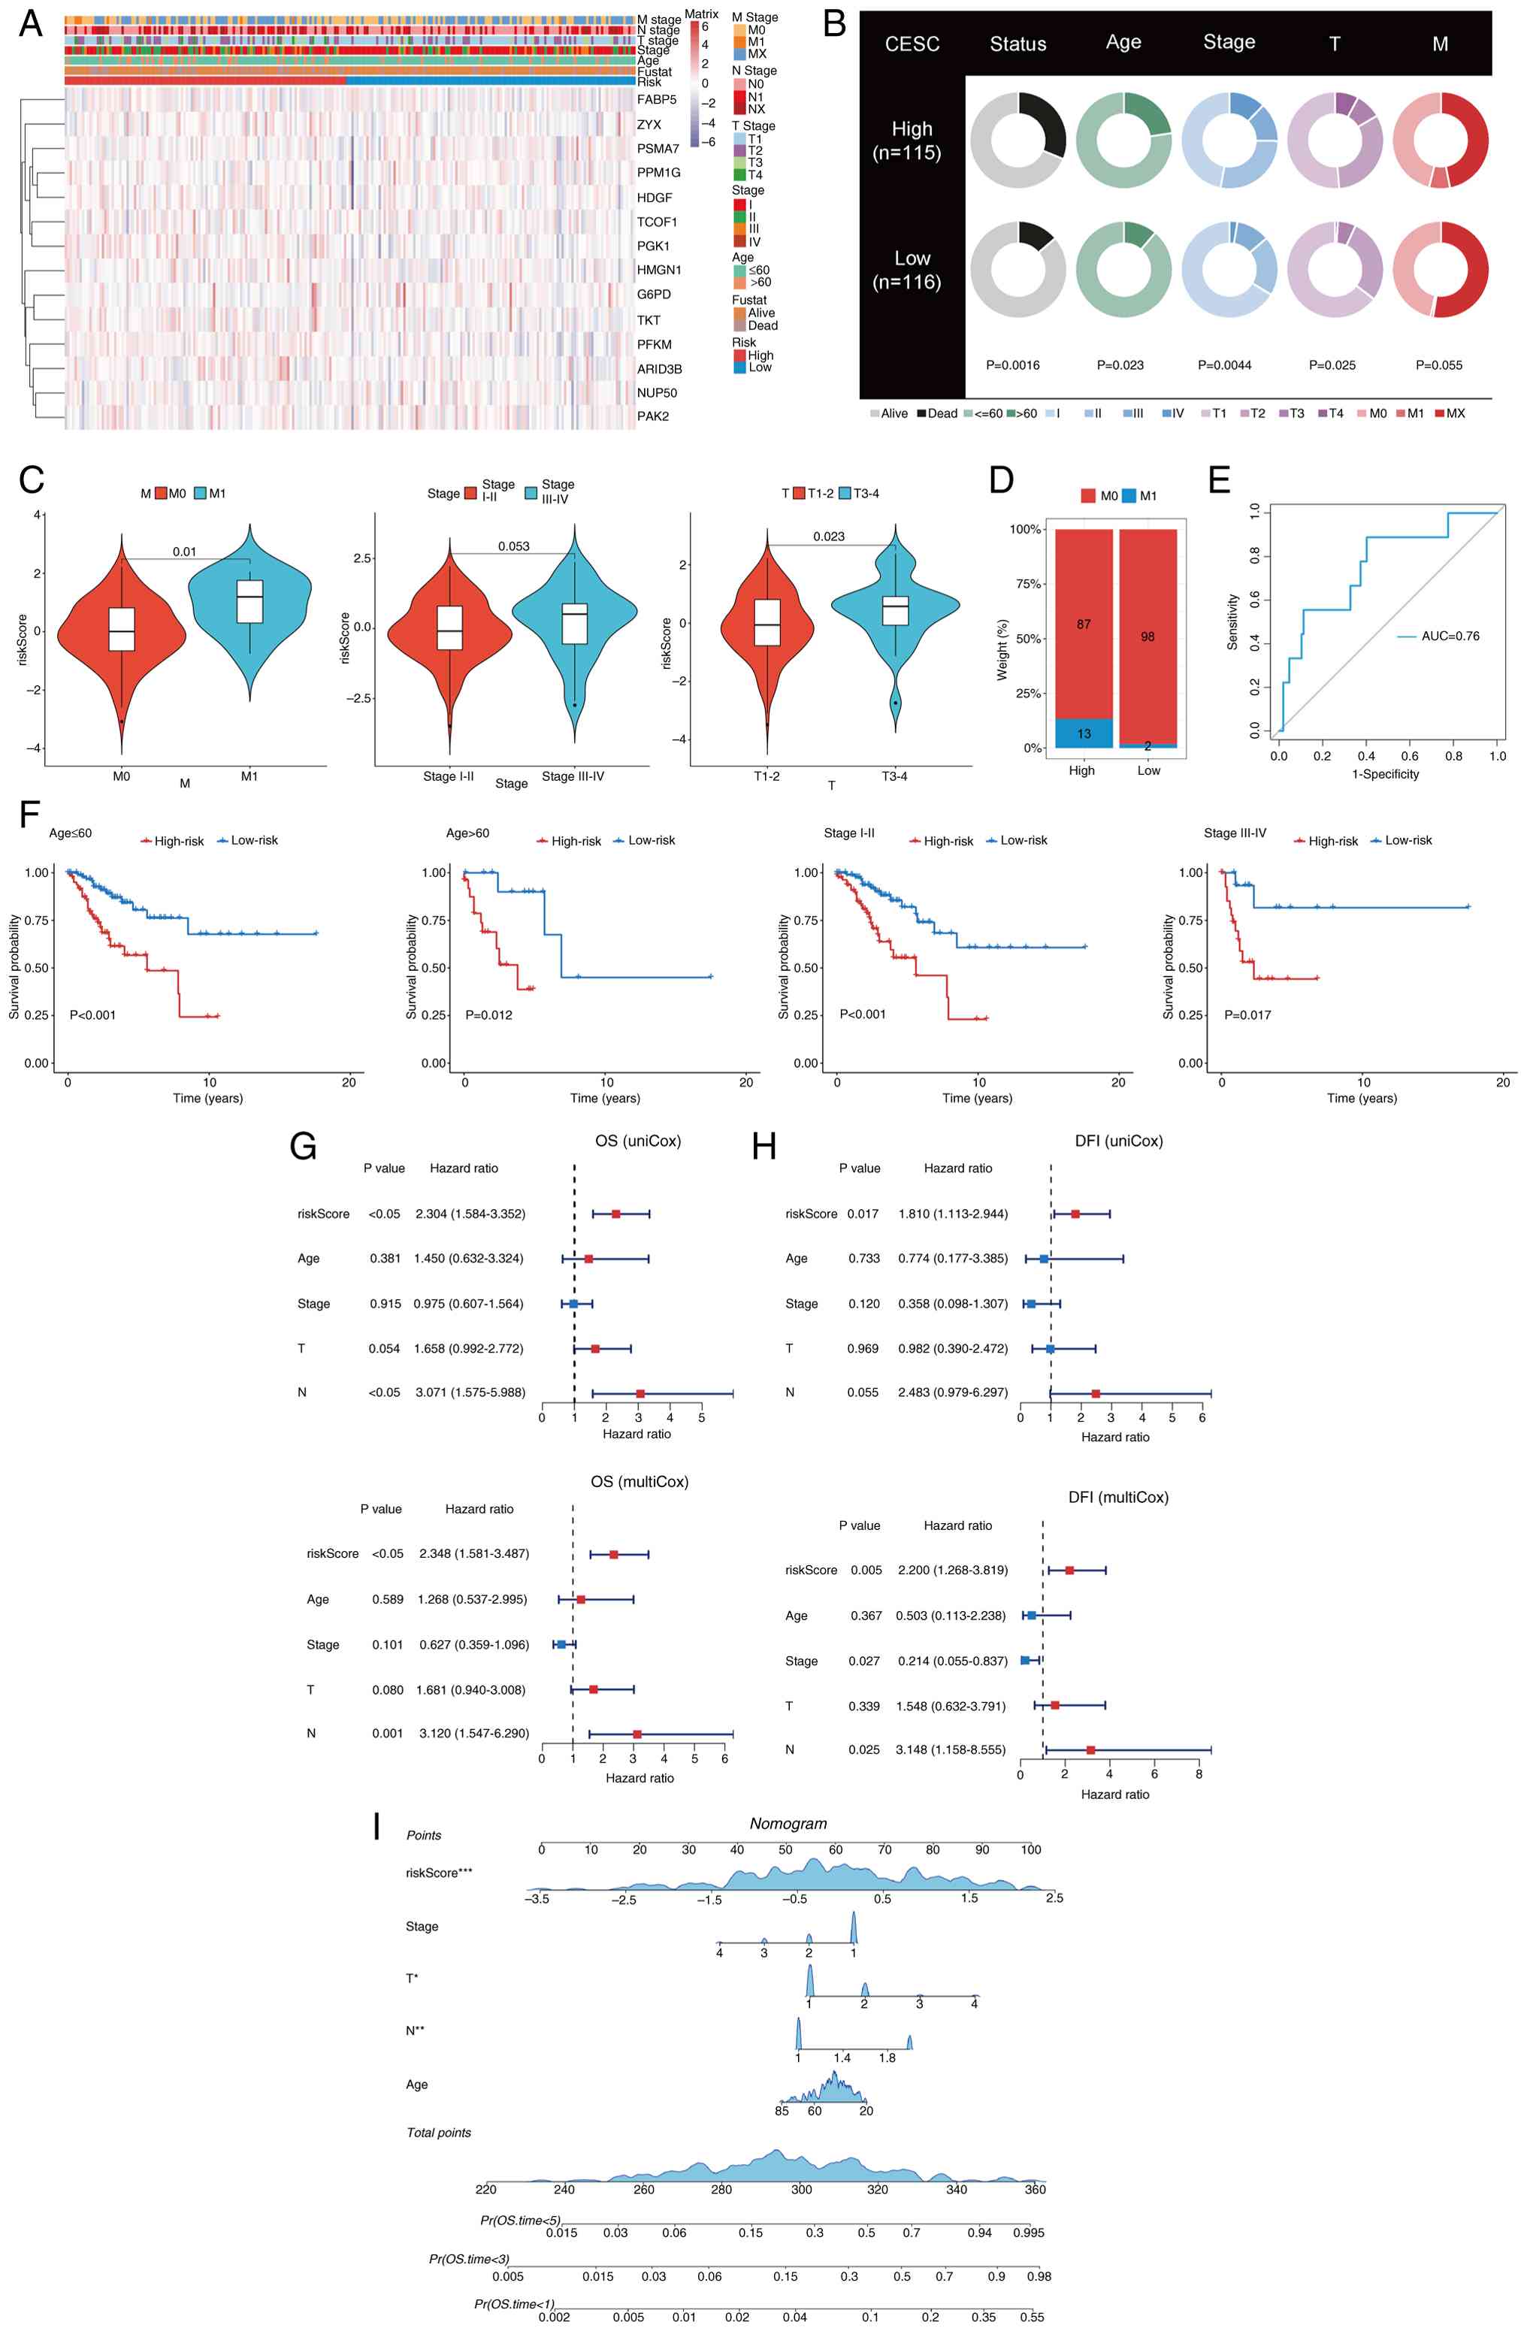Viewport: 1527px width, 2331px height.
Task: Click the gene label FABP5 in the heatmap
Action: (x=656, y=100)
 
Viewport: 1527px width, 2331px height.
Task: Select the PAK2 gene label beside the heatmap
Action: (x=652, y=416)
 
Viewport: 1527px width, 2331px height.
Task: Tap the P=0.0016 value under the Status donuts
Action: (x=1013, y=365)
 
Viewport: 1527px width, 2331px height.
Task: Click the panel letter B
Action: (x=834, y=23)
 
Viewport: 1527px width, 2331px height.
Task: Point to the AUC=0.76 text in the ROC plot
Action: (x=1450, y=636)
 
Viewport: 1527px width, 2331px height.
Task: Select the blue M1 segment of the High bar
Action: (x=1084, y=733)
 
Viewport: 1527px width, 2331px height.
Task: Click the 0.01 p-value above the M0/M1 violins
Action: (x=184, y=552)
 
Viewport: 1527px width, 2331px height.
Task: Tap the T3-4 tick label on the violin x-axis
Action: (x=894, y=777)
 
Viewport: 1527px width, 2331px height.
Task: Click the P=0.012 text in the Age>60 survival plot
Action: (x=488, y=1014)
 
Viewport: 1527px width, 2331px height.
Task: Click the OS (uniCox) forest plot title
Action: (x=638, y=1141)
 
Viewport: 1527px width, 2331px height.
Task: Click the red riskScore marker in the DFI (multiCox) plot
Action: (x=1069, y=1570)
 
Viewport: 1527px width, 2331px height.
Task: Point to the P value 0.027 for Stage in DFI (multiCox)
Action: (x=866, y=1661)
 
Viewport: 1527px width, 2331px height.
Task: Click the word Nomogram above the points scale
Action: (x=788, y=1824)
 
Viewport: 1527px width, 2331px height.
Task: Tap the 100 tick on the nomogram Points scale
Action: (x=1030, y=1850)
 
